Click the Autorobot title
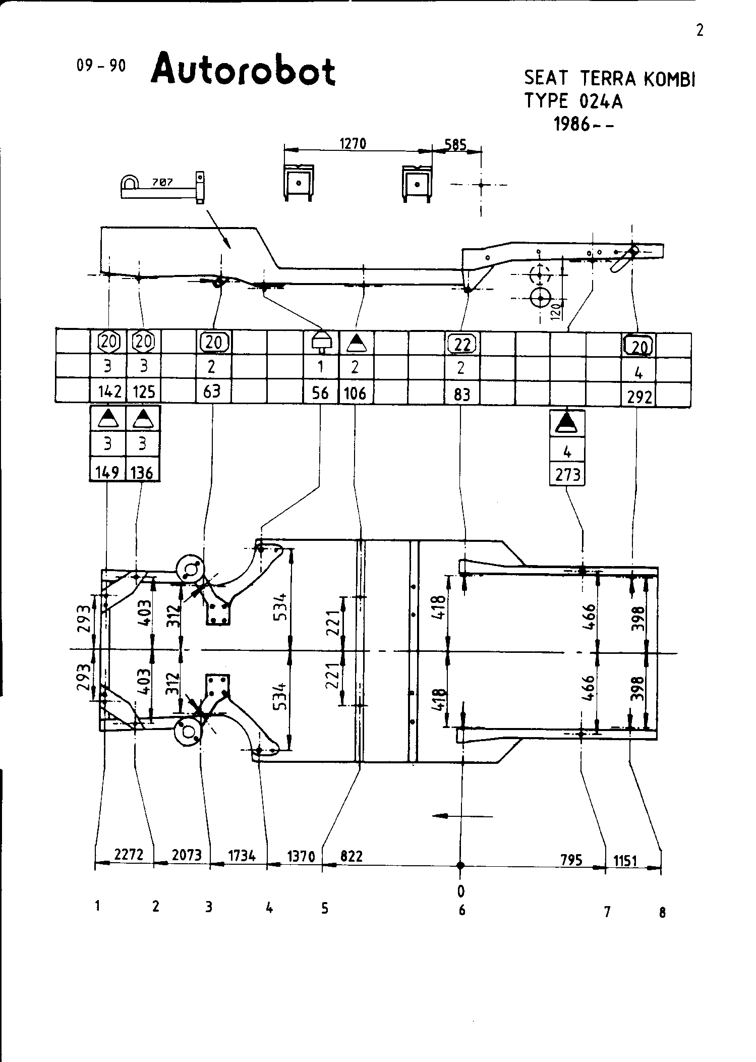coord(243,70)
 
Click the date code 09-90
coord(100,66)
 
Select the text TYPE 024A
coord(573,101)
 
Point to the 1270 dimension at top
coord(353,144)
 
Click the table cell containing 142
coord(108,392)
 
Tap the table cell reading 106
coord(355,393)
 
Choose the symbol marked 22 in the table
coord(462,345)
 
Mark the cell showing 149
coord(107,472)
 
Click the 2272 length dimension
coord(129,855)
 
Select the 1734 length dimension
coord(242,856)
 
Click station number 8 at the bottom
coord(662,912)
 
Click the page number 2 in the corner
coord(700,31)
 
